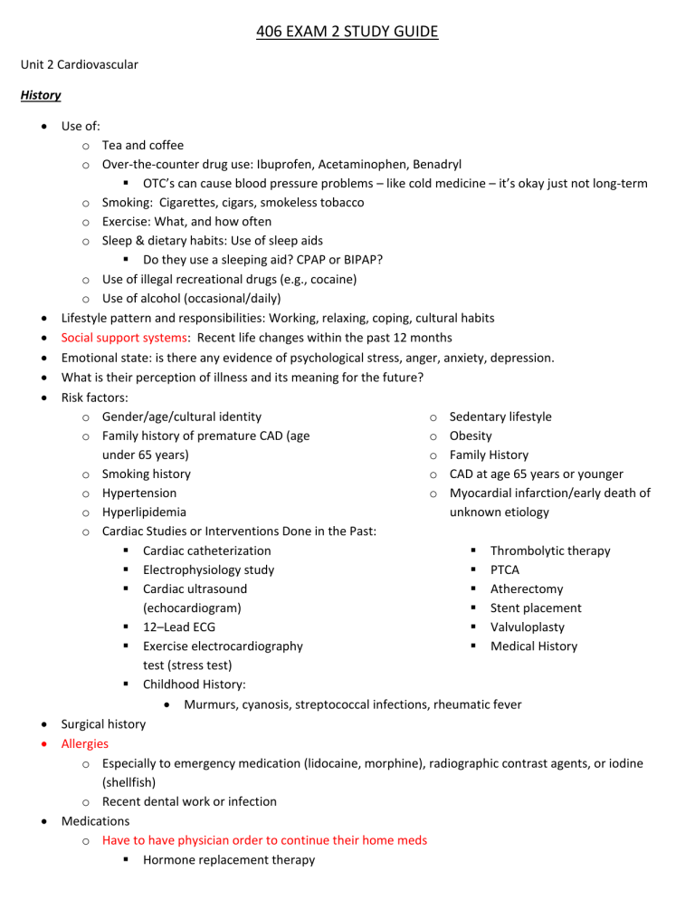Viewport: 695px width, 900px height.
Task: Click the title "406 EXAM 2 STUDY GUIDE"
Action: tap(347, 32)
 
